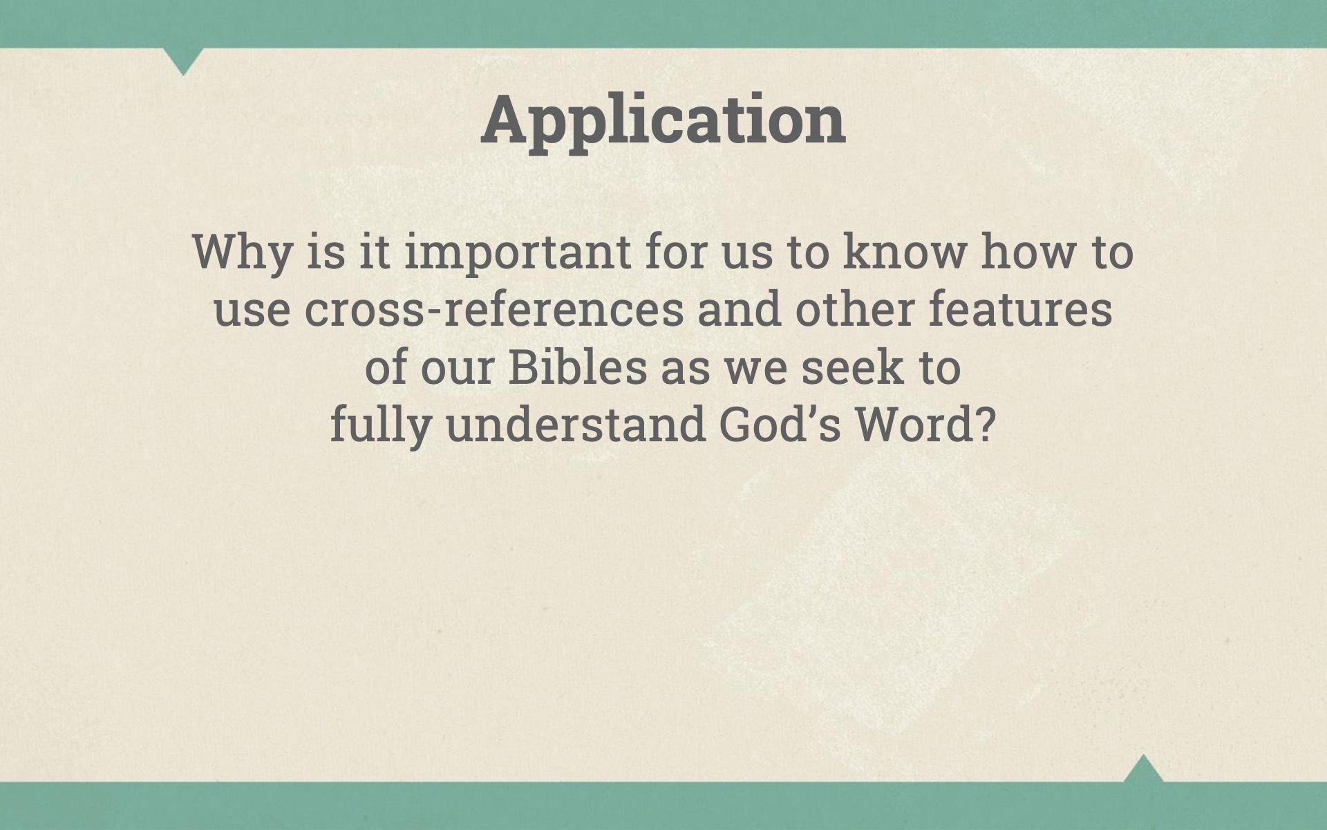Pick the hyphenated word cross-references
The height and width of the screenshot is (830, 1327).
pos(493,309)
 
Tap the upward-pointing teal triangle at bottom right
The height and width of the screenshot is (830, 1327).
pos(1143,768)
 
